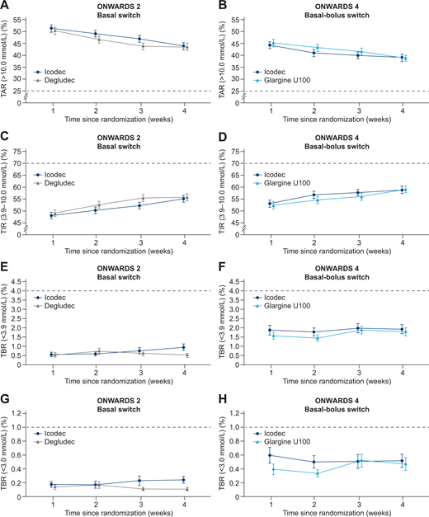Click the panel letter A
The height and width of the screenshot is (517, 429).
coord(6,7)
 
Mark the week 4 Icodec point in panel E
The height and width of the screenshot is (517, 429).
coord(184,347)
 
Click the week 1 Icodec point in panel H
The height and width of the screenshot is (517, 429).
coord(271,455)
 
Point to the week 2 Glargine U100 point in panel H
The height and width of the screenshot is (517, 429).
coord(315,472)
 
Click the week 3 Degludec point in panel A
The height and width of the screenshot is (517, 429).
coord(141,46)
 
